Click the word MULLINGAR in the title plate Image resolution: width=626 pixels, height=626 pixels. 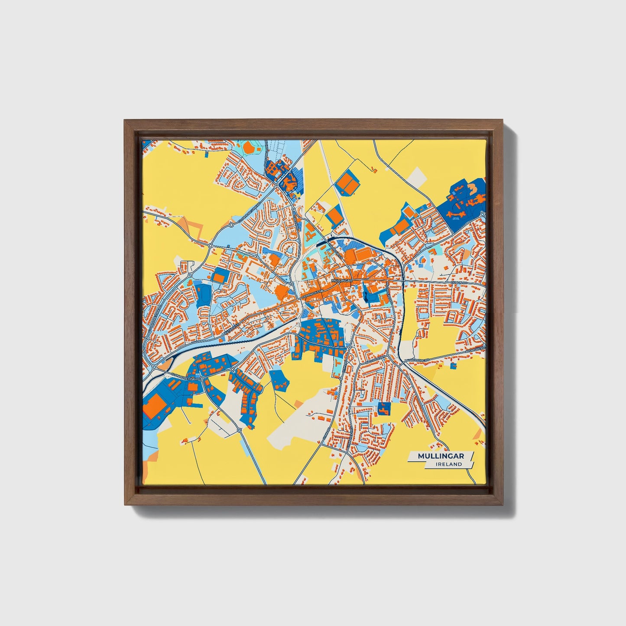click(441, 456)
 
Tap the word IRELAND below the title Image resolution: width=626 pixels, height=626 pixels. click(449, 464)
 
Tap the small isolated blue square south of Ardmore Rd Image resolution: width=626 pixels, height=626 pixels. click(453, 366)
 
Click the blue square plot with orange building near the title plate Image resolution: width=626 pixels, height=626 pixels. click(383, 408)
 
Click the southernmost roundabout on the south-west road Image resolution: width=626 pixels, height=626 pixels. click(239, 430)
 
